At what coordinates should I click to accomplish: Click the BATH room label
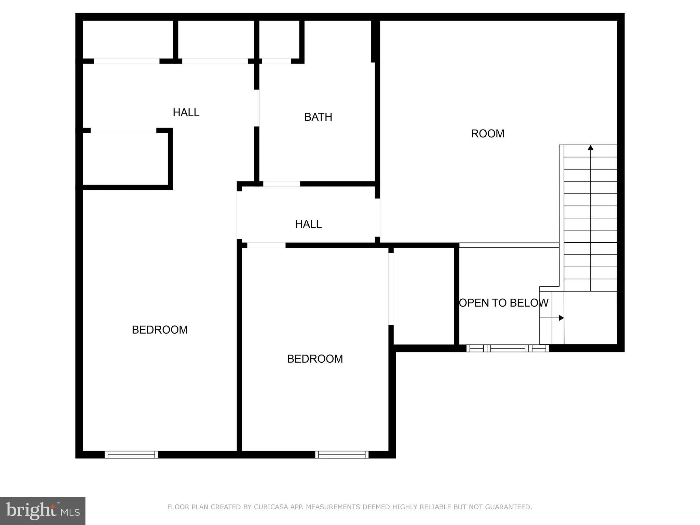click(318, 117)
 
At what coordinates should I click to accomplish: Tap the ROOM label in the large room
click(487, 133)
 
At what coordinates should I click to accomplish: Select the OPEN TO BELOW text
click(503, 302)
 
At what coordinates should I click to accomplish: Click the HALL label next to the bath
click(186, 112)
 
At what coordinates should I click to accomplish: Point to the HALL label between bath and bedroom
click(308, 224)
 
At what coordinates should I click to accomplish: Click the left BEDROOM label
click(160, 329)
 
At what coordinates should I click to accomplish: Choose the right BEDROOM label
click(315, 359)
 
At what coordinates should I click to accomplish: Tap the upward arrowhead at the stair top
click(590, 148)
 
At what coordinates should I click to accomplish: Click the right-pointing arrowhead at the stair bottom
click(561, 318)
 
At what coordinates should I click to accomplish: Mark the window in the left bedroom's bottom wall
click(131, 454)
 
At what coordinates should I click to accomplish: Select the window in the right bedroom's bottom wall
click(342, 454)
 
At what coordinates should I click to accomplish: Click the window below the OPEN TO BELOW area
click(508, 348)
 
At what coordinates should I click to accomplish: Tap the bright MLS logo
click(43, 511)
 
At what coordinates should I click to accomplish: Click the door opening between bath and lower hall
click(282, 184)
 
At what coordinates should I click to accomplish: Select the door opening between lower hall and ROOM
click(377, 217)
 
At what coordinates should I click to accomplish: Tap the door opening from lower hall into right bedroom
click(266, 245)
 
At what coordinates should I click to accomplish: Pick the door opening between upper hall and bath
click(257, 108)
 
